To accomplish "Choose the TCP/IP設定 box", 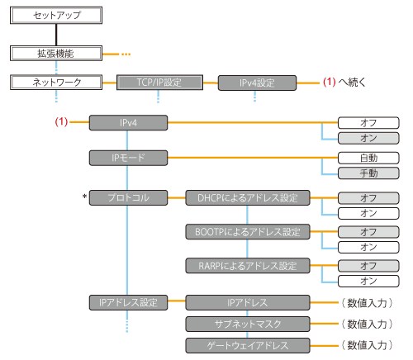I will [x=159, y=83].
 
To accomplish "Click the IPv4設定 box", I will [x=256, y=83].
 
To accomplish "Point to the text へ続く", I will [x=352, y=83].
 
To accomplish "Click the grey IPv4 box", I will [x=128, y=122].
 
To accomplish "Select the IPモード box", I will [x=128, y=157].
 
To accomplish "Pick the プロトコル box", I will [x=128, y=197].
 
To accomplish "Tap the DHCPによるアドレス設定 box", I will [x=247, y=197].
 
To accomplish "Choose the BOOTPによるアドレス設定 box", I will [x=247, y=232].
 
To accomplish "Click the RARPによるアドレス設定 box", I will [x=247, y=266].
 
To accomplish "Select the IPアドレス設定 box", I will [x=128, y=302].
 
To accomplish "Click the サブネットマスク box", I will [x=247, y=323].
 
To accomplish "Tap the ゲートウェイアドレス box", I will [x=247, y=343].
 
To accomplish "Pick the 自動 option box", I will [x=368, y=157].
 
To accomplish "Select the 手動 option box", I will [x=368, y=173].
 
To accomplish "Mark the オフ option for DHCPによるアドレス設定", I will [x=368, y=197].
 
